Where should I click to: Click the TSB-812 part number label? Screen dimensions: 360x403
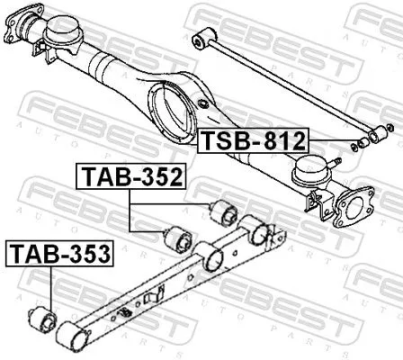coord(253,140)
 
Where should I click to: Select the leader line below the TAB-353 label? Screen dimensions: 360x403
coord(50,287)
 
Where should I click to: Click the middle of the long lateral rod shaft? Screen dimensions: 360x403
coord(288,86)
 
